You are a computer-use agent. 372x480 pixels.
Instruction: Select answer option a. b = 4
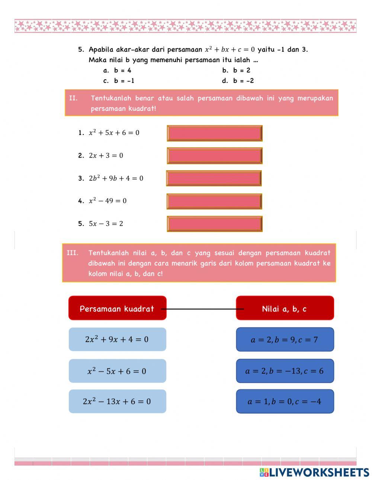(118, 70)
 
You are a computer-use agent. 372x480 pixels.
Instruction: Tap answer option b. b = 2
(237, 70)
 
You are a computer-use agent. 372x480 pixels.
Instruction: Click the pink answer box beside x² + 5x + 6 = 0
(215, 133)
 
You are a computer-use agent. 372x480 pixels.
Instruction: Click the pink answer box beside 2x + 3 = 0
(215, 156)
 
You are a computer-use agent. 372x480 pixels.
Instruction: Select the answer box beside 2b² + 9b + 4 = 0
(214, 178)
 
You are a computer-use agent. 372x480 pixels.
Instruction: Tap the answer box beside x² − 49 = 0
(214, 201)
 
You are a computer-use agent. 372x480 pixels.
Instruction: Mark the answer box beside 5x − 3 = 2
(215, 224)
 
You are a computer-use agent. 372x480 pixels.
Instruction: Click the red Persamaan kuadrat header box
(117, 308)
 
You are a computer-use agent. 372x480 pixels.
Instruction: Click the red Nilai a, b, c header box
(285, 308)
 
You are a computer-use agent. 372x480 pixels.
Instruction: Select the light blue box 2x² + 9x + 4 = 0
(117, 339)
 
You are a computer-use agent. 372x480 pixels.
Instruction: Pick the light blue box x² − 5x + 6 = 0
(117, 371)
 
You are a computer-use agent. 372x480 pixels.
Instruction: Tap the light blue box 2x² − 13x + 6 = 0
(117, 402)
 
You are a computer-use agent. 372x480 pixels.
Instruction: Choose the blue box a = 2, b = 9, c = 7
(285, 339)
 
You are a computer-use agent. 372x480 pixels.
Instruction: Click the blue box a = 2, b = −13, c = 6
(285, 371)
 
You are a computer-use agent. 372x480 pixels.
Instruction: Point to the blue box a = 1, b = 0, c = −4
(285, 402)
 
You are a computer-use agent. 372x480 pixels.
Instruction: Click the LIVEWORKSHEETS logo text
(318, 473)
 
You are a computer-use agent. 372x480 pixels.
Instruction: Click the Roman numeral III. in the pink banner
(73, 253)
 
